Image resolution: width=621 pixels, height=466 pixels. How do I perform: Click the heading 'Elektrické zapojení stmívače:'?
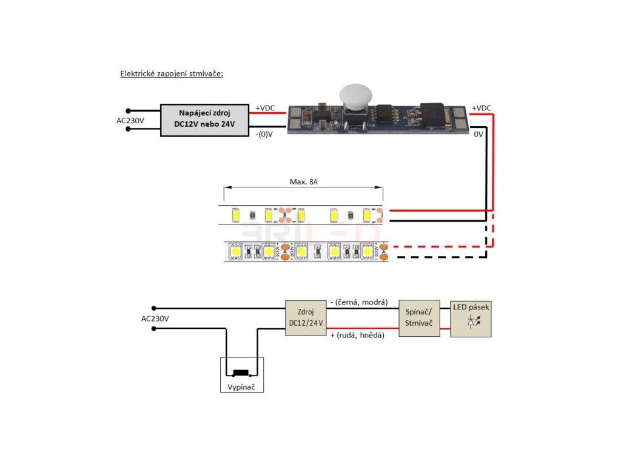[172, 75]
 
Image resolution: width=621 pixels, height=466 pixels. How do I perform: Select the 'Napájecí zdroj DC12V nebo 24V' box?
[204, 120]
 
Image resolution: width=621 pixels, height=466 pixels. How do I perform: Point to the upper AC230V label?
[130, 120]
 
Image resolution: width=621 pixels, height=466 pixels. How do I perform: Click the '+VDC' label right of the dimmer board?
[481, 108]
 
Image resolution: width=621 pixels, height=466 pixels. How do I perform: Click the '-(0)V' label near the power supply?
[264, 134]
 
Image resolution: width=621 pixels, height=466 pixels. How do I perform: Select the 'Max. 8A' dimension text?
[303, 181]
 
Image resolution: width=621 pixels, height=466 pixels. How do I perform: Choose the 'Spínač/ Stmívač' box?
[418, 318]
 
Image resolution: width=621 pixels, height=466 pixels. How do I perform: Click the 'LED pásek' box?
[471, 318]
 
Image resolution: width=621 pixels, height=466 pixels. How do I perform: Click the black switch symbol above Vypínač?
[241, 371]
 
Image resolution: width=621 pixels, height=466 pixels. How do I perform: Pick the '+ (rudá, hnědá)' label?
[358, 336]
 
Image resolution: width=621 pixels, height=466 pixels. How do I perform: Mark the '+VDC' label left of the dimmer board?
[265, 108]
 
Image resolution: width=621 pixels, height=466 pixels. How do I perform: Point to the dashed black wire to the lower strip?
[437, 257]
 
